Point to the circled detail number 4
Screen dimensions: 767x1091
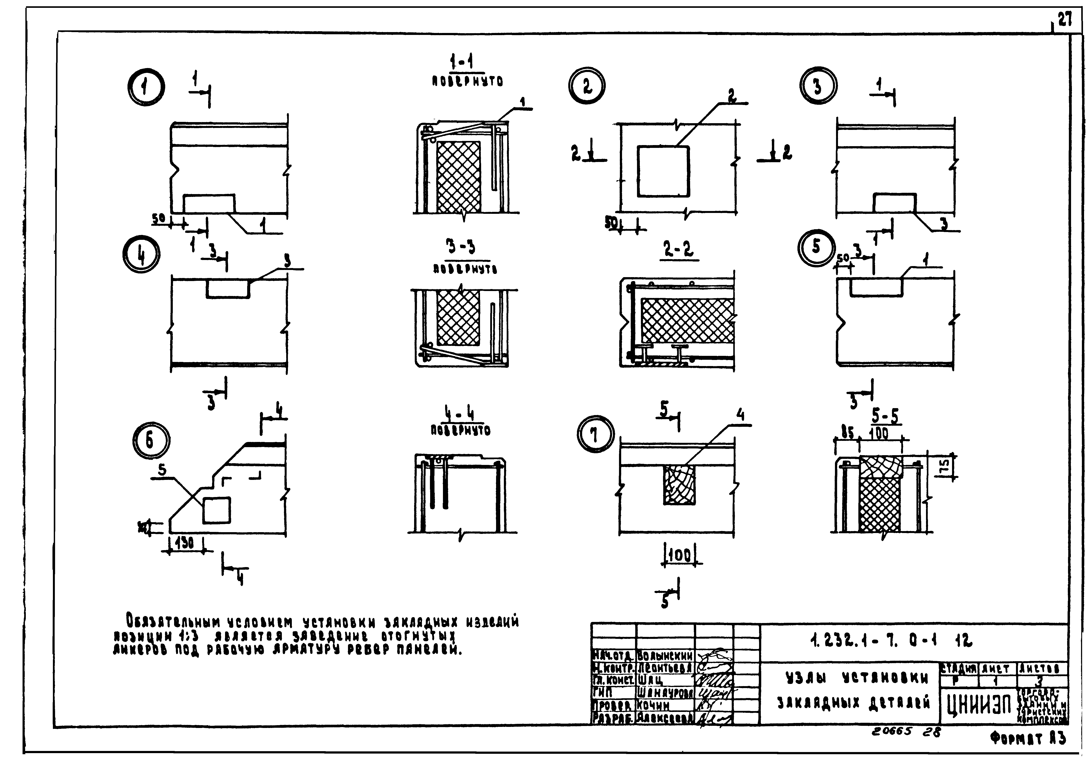tap(141, 254)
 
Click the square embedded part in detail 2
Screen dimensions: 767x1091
tap(663, 171)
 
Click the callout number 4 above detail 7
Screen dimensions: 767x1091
tap(740, 416)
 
